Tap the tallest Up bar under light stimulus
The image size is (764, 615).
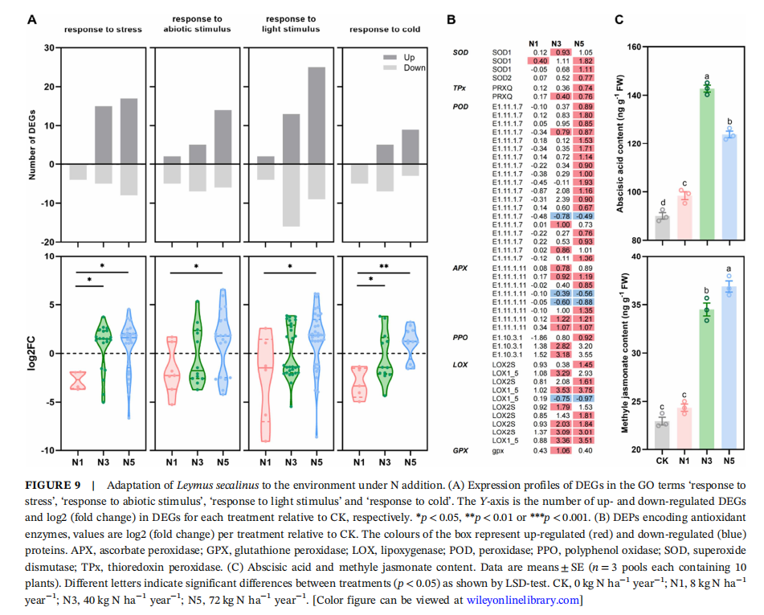(x=317, y=116)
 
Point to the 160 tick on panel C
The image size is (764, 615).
(x=637, y=47)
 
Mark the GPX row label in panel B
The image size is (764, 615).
(x=460, y=452)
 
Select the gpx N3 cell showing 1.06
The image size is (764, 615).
(x=560, y=452)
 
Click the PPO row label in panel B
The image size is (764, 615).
(x=461, y=338)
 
